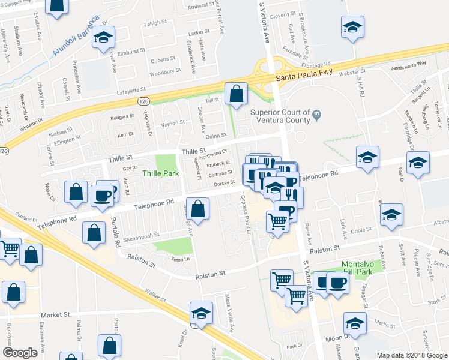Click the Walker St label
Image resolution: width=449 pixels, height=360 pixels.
(x=155, y=295)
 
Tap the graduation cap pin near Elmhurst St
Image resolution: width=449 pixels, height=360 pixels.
(x=104, y=37)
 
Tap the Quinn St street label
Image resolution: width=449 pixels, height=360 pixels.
(x=215, y=136)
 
